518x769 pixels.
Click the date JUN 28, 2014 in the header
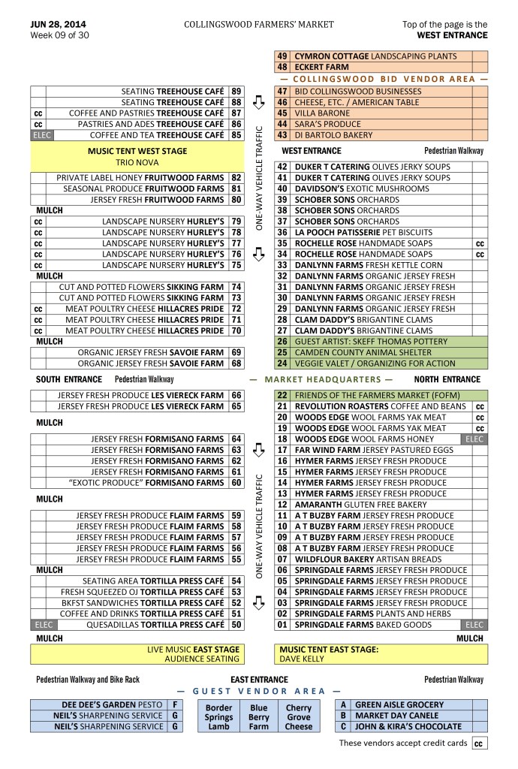point(58,24)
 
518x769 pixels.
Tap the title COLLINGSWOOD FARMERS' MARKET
point(259,24)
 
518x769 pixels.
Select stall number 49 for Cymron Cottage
point(282,56)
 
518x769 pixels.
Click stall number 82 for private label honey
point(236,178)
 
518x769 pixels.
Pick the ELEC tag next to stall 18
point(475,439)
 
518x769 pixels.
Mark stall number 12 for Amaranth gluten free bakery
point(282,505)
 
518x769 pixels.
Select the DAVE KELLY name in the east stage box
point(302,659)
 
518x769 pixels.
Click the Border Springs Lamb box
point(219,716)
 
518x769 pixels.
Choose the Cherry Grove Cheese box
point(298,716)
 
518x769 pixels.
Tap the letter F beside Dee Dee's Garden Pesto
point(174,705)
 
